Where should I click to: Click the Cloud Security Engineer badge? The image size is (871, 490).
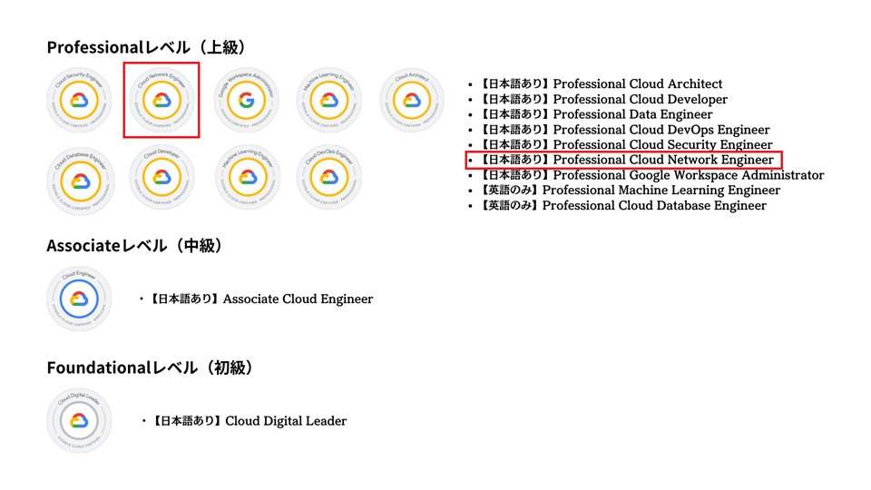click(x=79, y=100)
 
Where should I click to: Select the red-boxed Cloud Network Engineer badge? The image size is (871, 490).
click(x=161, y=100)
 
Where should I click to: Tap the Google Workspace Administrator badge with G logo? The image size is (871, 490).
click(x=247, y=100)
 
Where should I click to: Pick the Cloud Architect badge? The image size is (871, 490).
click(x=411, y=100)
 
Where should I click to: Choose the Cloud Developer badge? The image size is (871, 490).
click(x=161, y=177)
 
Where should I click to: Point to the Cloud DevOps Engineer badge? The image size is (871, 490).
click(x=329, y=177)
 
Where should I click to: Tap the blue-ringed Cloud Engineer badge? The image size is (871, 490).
click(x=79, y=299)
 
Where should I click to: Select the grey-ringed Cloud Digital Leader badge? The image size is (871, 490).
click(x=79, y=420)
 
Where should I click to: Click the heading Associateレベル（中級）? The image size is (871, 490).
click(x=135, y=246)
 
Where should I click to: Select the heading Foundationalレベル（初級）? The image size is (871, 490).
click(x=150, y=367)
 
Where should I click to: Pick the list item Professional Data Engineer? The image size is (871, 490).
click(x=632, y=114)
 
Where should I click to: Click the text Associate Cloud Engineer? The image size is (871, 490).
click(x=298, y=299)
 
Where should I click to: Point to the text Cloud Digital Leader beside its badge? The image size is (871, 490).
click(x=285, y=421)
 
